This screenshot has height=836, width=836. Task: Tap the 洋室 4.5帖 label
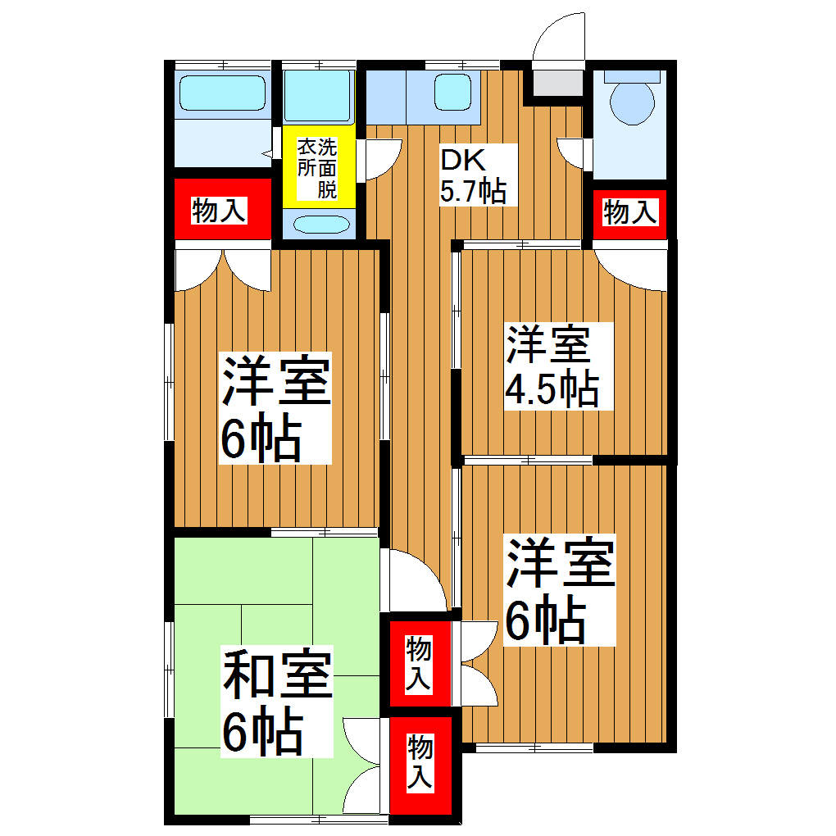click(550, 366)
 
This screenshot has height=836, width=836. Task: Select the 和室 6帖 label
click(275, 703)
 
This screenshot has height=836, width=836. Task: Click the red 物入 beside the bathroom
click(220, 211)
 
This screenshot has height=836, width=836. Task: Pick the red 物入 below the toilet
click(629, 212)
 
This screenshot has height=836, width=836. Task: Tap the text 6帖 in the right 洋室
click(544, 623)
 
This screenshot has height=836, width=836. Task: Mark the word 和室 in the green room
click(276, 675)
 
